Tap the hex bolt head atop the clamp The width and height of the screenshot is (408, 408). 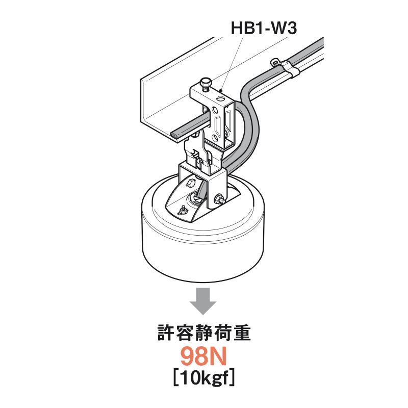pos(206,83)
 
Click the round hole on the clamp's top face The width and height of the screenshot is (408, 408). pos(221,98)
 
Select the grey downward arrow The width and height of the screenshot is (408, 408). pos(203,301)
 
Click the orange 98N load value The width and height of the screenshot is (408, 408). pos(203,358)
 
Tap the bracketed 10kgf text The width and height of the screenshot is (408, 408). pos(204,378)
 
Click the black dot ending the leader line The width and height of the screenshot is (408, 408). pos(221,91)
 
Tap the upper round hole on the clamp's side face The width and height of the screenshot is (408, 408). pos(215,111)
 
